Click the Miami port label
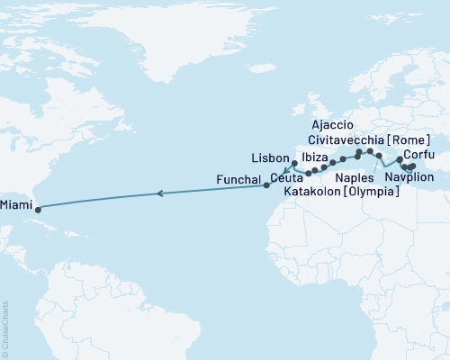pos(15,204)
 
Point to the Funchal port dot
pos(266,185)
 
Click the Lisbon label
pos(273,156)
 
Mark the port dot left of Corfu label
pos(400,158)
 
